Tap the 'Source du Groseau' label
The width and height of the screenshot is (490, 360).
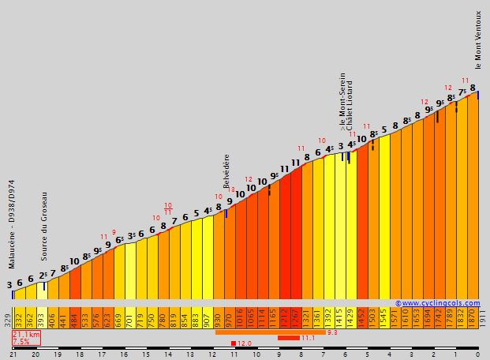[x=44, y=226]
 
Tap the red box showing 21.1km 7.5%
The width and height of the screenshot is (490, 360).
[x=25, y=338]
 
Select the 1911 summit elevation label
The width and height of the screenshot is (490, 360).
[x=482, y=318]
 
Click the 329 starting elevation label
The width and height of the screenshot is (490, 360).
[x=7, y=320]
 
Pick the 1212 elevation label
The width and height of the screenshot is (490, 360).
[x=284, y=318]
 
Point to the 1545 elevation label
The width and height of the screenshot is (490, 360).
[x=383, y=318]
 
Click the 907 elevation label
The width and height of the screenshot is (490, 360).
[x=207, y=318]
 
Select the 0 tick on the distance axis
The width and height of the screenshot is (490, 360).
[x=478, y=355]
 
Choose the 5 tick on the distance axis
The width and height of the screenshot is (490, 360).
[x=368, y=355]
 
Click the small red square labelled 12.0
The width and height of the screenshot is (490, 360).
[x=234, y=343]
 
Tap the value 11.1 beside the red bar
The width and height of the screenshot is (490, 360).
[x=309, y=338]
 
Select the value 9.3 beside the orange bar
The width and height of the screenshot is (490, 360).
[x=331, y=332]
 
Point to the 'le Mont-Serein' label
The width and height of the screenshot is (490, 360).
[x=342, y=100]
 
